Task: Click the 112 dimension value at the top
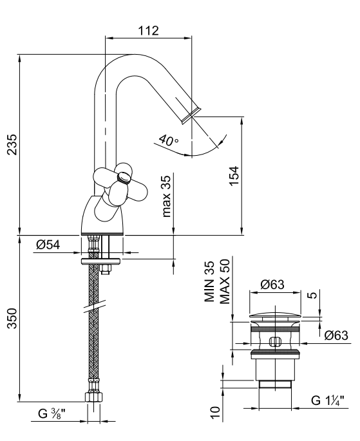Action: pos(148,31)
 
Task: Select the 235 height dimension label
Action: pos(12,145)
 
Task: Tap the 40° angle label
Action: pos(168,140)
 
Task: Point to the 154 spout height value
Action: pos(234,176)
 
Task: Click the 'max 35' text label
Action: pos(166,196)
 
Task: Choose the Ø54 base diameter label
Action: pos(48,245)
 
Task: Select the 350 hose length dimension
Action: pos(12,319)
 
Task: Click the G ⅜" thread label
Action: pos(52,414)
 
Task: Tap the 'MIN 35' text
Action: pos(209,281)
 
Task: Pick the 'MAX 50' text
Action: pos(225,281)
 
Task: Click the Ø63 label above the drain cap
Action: pos(272,285)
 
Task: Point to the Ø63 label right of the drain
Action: pos(336,335)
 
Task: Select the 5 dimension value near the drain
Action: pos(312,295)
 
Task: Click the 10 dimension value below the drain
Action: pos(215,413)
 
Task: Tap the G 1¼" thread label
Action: pos(328,400)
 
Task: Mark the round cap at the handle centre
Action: pos(124,178)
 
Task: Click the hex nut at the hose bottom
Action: pos(93,397)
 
